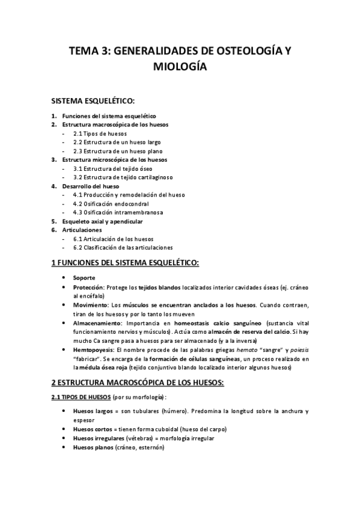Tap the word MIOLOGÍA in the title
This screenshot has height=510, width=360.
coord(180,68)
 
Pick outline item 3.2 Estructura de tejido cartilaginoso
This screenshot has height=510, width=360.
coord(123,177)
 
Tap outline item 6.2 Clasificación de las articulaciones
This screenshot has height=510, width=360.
coord(123,247)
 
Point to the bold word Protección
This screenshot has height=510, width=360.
coord(89,287)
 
